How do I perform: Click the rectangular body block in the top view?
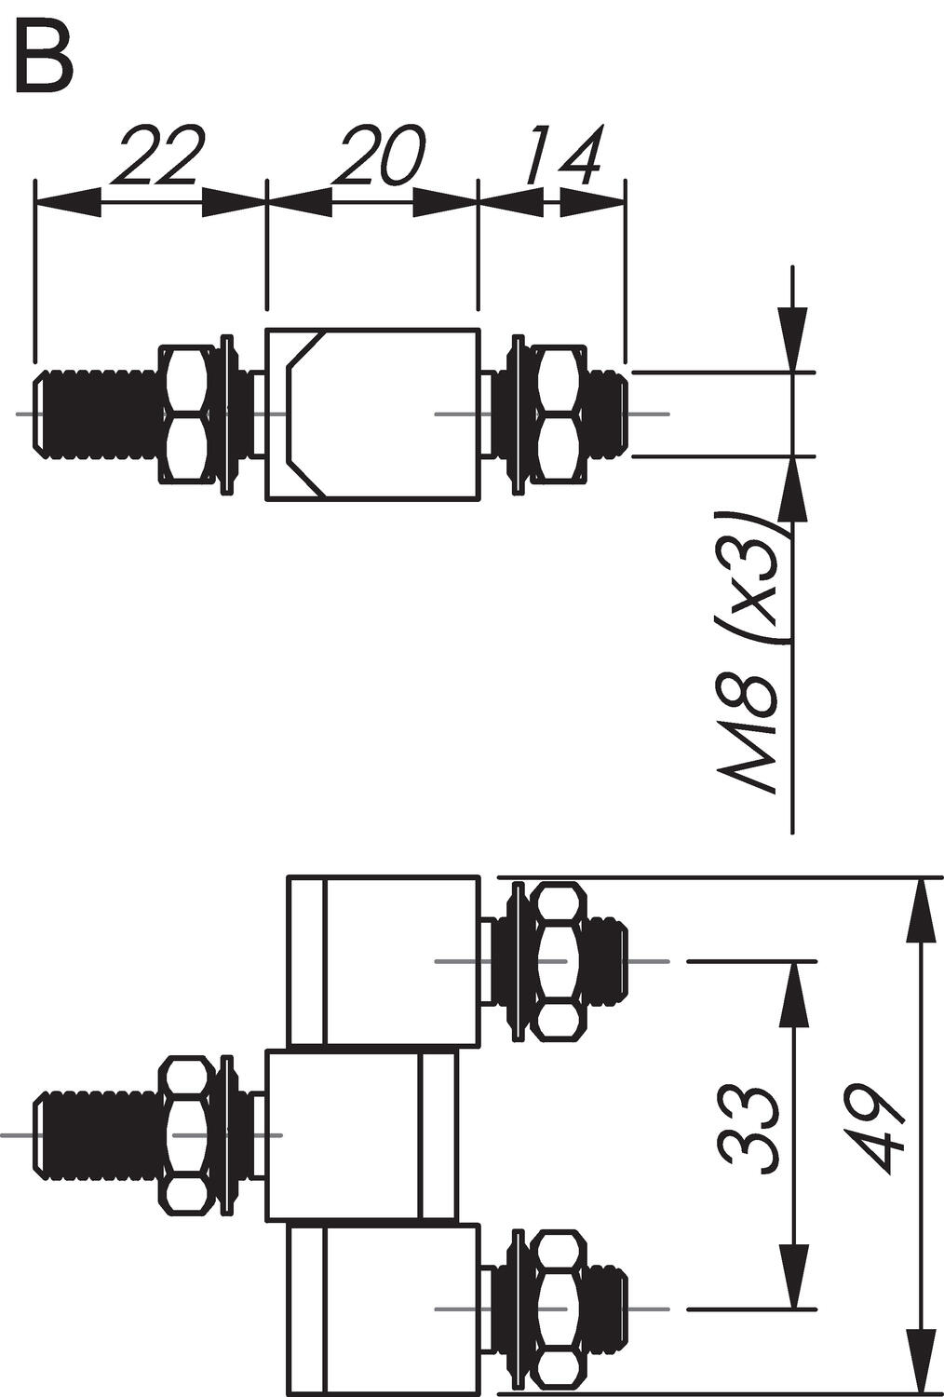372,414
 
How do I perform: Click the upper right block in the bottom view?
384,960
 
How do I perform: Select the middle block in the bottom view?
363,1135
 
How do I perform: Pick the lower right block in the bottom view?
384,1310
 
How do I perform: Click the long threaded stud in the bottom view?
93,1134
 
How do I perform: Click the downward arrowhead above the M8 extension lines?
794,340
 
